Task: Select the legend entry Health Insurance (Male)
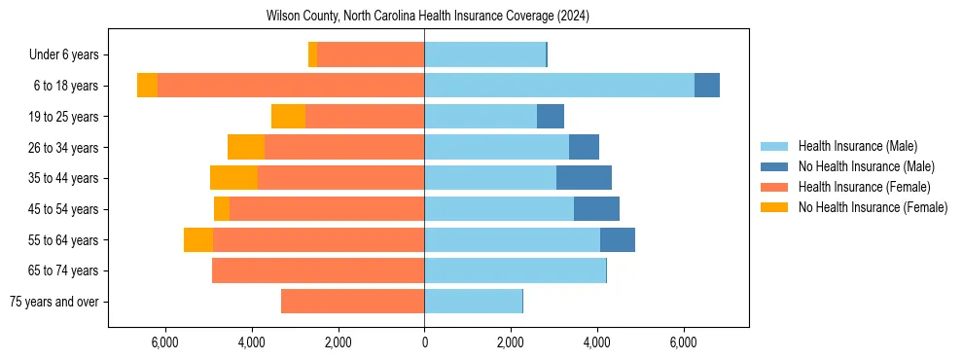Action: coord(857,146)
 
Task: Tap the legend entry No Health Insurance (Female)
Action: coord(873,207)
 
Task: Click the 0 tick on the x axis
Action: coord(424,342)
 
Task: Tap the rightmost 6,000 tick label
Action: coord(683,342)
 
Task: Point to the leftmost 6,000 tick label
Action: coord(165,342)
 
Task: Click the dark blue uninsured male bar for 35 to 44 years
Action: coord(584,178)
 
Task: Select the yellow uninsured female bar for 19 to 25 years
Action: coord(288,117)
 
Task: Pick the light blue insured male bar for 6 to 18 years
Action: coord(559,86)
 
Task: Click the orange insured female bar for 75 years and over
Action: coord(352,302)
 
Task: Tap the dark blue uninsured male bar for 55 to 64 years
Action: coord(618,239)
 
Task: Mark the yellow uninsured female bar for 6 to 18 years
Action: coord(147,86)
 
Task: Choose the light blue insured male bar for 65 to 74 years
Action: coord(515,270)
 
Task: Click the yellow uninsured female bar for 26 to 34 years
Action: coord(246,147)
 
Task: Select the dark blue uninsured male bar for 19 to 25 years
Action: coord(551,117)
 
